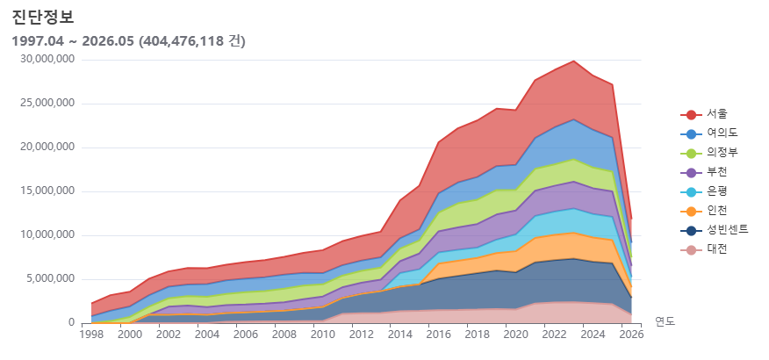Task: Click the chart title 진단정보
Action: [x=43, y=18]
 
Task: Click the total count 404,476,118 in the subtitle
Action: [x=183, y=41]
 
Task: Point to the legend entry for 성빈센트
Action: [x=715, y=230]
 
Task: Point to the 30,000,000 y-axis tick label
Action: [x=47, y=60]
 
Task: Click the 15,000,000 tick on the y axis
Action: [x=47, y=191]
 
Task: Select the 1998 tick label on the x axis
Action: [x=90, y=335]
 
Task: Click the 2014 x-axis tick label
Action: [x=399, y=335]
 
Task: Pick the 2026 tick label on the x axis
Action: [x=631, y=335]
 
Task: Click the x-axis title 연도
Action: [x=665, y=321]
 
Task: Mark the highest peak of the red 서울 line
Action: [x=574, y=61]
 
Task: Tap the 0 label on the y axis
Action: [x=72, y=323]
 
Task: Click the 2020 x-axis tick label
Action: [x=515, y=335]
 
